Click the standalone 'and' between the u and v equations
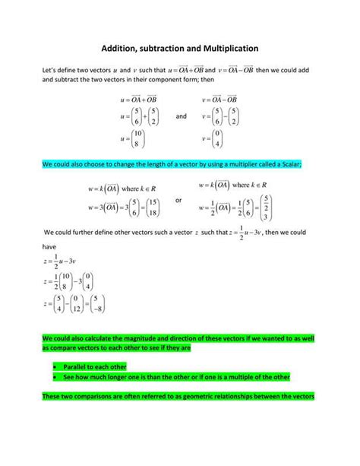(181, 116)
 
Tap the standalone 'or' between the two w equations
(178, 201)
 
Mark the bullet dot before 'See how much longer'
(57, 377)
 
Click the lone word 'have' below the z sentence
(49, 246)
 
